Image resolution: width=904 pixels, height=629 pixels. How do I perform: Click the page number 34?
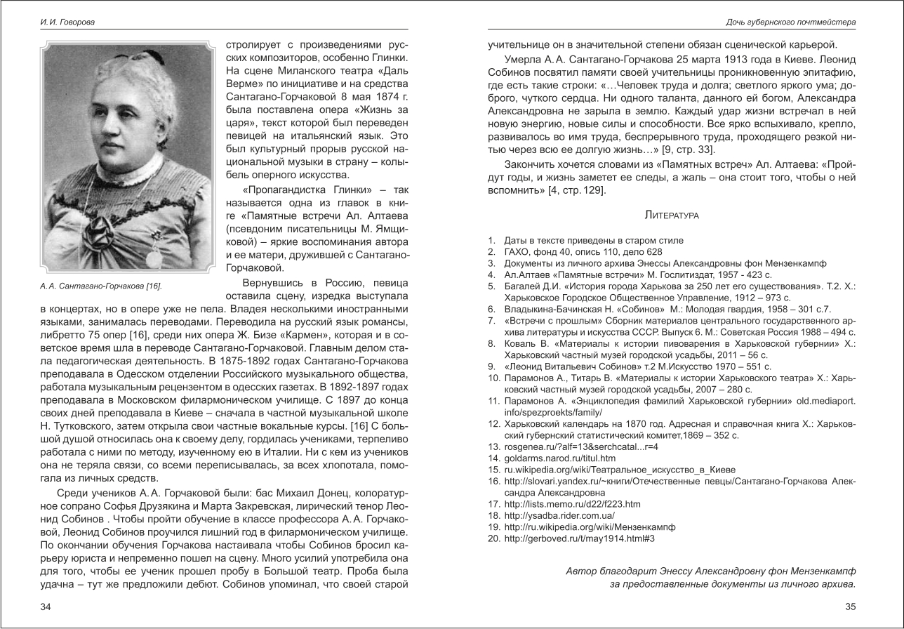[x=46, y=607]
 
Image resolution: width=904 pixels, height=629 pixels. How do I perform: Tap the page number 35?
[x=850, y=607]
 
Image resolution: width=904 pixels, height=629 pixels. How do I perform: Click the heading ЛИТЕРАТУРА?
[x=671, y=215]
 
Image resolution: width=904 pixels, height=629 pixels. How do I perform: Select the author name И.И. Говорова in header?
[x=67, y=22]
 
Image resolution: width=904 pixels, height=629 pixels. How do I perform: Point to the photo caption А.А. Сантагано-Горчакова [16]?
[x=101, y=286]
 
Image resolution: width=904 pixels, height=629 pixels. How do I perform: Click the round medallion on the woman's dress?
[x=152, y=258]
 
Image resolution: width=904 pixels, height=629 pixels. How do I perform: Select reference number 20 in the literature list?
[x=493, y=538]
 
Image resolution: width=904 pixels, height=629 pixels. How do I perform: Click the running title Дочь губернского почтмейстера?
[x=790, y=22]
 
